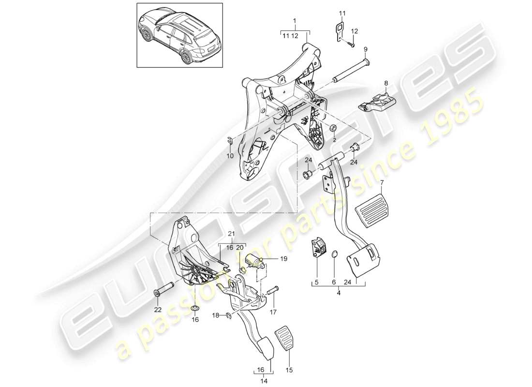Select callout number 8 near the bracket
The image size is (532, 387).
pos(386,83)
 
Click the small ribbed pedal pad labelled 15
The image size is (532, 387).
pos(284,337)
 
